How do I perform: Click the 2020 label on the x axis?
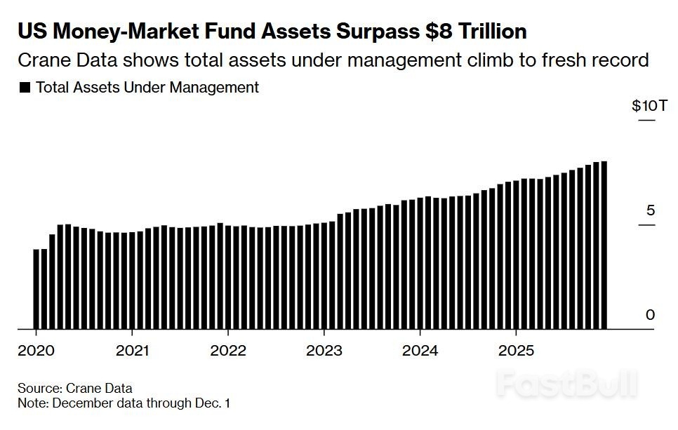[x=35, y=350]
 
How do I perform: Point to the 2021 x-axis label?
[x=132, y=350]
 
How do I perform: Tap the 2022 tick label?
[x=228, y=350]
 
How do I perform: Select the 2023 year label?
[x=324, y=350]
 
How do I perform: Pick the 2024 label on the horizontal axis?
[x=420, y=350]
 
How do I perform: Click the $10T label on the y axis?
[x=644, y=106]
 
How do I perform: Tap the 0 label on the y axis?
[x=650, y=315]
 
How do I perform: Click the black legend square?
[x=25, y=88]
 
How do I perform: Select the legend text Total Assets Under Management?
[x=147, y=88]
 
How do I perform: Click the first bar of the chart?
[x=36, y=288]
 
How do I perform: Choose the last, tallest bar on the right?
[x=604, y=245]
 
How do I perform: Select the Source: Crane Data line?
[x=75, y=388]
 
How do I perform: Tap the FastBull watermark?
[x=567, y=384]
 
